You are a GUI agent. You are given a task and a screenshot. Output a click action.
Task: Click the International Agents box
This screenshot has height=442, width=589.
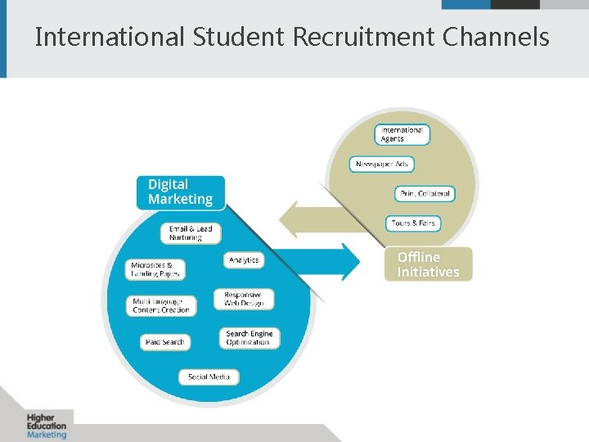[x=402, y=134]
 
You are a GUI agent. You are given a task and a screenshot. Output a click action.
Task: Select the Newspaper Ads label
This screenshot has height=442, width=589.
[x=382, y=165]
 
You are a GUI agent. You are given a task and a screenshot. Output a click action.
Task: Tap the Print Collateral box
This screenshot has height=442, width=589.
[x=425, y=194]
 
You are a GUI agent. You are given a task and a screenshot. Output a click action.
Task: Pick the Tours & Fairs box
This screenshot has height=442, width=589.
[x=413, y=223]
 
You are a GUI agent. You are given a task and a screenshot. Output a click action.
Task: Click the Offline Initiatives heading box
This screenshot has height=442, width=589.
[x=428, y=264]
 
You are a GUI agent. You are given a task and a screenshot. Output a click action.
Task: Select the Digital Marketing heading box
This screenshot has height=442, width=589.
[x=180, y=192]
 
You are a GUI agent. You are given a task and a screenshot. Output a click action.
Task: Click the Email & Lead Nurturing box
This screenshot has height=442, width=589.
[x=191, y=233]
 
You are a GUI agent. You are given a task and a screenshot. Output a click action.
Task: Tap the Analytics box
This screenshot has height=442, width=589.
[x=244, y=259]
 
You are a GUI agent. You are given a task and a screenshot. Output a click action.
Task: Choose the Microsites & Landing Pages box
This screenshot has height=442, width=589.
[x=156, y=269]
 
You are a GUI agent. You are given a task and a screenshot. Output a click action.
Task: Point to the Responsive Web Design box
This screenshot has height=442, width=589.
[x=244, y=299]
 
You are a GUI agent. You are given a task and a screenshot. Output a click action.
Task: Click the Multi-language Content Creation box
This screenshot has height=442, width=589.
[x=162, y=306]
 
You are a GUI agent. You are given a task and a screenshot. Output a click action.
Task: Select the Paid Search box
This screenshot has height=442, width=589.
[x=164, y=341]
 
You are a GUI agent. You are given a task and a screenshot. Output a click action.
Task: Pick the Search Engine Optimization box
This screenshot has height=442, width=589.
[x=249, y=338]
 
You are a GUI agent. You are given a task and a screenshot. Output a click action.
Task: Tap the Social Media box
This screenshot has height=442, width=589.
[x=209, y=377]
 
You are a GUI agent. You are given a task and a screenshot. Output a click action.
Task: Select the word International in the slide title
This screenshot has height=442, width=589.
[x=110, y=38]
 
